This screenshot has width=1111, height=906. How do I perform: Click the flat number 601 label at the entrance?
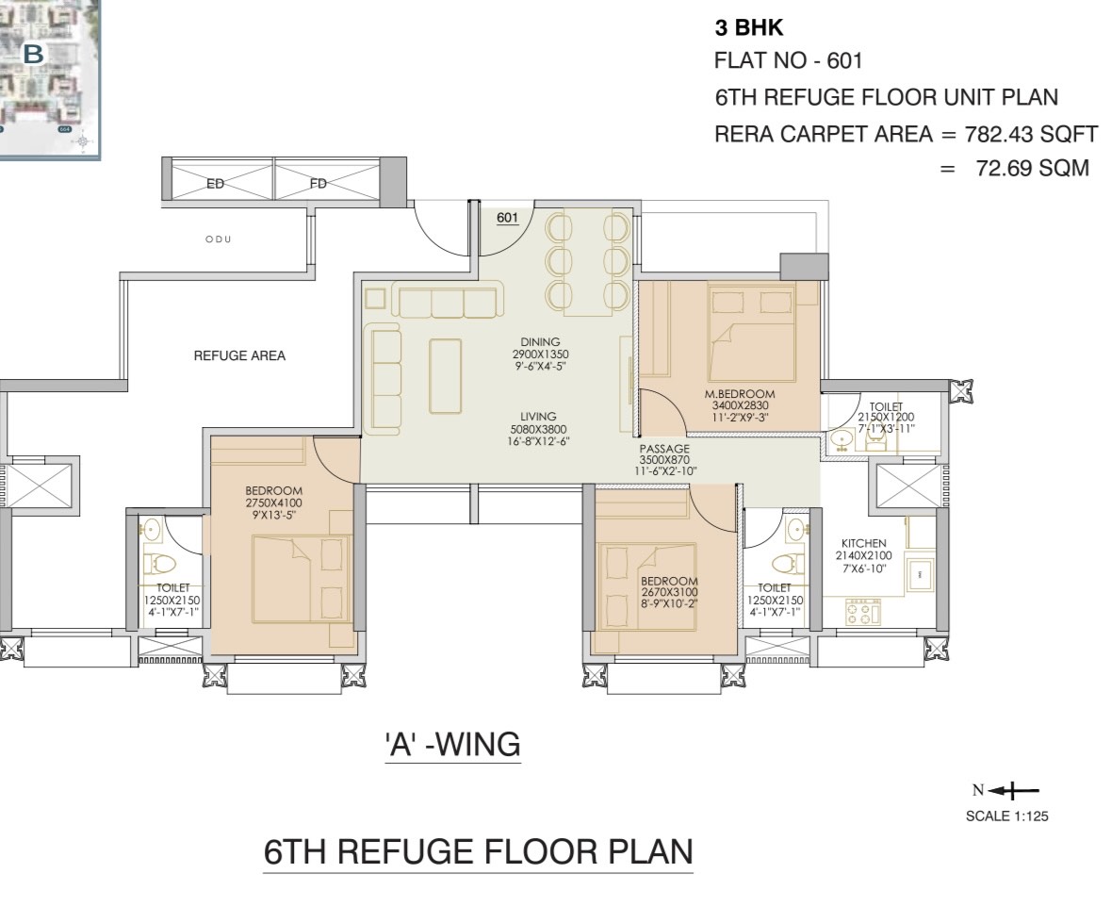click(x=507, y=218)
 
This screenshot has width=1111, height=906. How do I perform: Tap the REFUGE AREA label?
click(x=239, y=355)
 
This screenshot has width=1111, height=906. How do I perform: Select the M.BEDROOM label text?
click(x=740, y=394)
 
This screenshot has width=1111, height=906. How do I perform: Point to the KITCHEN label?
click(x=864, y=544)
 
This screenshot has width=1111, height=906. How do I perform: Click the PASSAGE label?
click(x=664, y=449)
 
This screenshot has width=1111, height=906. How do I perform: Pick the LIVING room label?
click(x=538, y=417)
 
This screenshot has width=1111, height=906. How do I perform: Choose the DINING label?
click(x=540, y=342)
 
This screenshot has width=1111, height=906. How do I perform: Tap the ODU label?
click(x=219, y=239)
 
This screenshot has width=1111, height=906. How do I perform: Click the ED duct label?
click(x=216, y=185)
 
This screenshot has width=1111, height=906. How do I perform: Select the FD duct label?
click(x=319, y=185)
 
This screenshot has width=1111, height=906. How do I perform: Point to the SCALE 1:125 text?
click(x=1006, y=816)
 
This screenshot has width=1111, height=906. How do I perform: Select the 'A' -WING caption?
click(x=452, y=745)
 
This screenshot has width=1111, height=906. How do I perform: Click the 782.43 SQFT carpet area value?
click(x=1031, y=134)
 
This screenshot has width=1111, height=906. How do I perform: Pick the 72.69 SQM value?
click(x=1033, y=168)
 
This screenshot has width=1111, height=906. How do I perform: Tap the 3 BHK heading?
click(x=749, y=27)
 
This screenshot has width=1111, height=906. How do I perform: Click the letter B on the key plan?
click(x=33, y=54)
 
